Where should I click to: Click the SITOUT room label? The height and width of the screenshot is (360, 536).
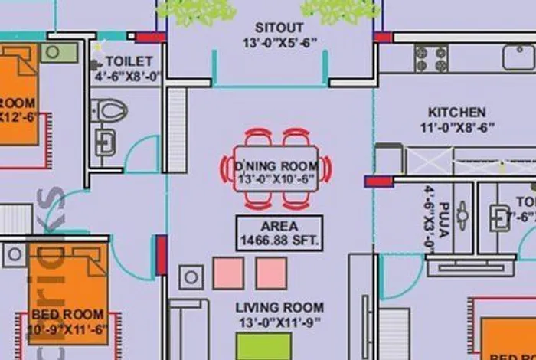pos(268,28)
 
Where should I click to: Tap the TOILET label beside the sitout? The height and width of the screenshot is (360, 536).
pos(129,61)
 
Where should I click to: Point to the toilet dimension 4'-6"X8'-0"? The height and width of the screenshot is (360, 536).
pos(129,77)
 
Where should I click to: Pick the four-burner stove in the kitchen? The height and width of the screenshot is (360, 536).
pos(430,57)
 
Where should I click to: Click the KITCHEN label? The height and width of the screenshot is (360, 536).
pos(456,112)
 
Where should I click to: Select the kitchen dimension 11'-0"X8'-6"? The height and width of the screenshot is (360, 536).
pos(456,127)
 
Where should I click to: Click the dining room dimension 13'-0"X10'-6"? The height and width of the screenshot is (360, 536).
pos(276,180)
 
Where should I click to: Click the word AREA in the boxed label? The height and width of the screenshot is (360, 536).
pos(279,227)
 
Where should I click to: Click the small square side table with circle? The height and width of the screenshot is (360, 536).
pos(191,277)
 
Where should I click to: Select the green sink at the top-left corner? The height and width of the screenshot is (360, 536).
pos(59,52)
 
